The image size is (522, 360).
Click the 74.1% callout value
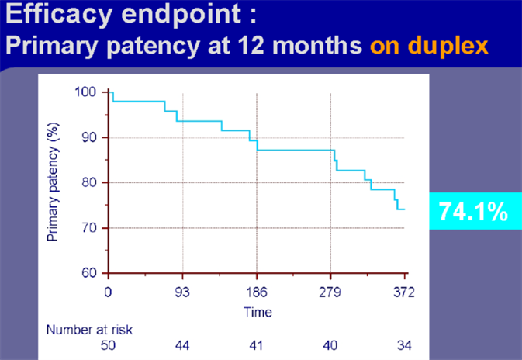(x=473, y=212)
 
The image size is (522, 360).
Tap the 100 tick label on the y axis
(x=85, y=92)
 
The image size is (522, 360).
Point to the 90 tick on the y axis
(x=89, y=137)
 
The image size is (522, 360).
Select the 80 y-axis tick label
(x=89, y=182)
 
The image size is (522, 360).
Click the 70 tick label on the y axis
(x=89, y=228)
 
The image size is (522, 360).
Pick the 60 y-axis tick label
(x=89, y=273)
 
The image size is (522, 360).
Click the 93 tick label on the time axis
(x=182, y=292)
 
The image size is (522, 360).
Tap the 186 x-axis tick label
(x=257, y=292)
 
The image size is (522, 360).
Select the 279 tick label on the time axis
(x=330, y=292)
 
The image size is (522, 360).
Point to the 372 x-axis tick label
(x=404, y=292)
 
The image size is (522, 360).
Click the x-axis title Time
(x=258, y=313)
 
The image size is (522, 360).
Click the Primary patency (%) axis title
(x=53, y=182)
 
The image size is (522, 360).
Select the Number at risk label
(x=89, y=330)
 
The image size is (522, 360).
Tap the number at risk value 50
(x=108, y=345)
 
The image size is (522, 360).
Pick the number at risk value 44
(x=182, y=345)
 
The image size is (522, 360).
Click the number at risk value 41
(x=256, y=345)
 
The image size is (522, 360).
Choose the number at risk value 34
(x=404, y=345)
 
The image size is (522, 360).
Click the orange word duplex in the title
(x=448, y=46)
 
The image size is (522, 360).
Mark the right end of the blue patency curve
(x=404, y=209)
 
